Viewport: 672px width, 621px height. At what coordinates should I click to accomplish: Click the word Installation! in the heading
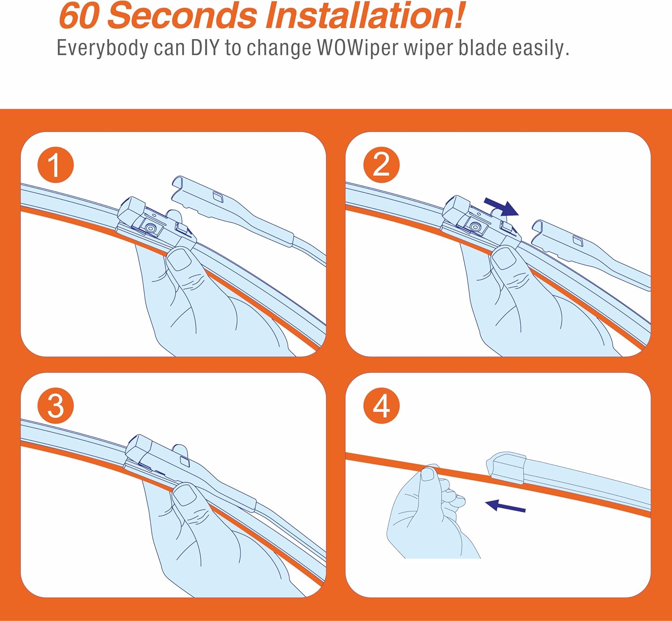364,16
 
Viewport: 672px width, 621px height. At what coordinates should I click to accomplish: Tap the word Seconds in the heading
182,16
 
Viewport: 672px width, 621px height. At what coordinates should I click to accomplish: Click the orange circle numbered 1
56,165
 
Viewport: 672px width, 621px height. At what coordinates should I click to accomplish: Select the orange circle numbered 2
381,165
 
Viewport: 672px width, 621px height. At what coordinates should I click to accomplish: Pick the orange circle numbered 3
56,405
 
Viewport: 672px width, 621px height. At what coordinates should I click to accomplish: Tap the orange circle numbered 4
381,405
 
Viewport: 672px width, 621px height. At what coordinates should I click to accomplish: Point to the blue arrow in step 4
505,505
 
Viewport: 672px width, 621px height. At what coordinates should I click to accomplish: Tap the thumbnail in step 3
185,495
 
